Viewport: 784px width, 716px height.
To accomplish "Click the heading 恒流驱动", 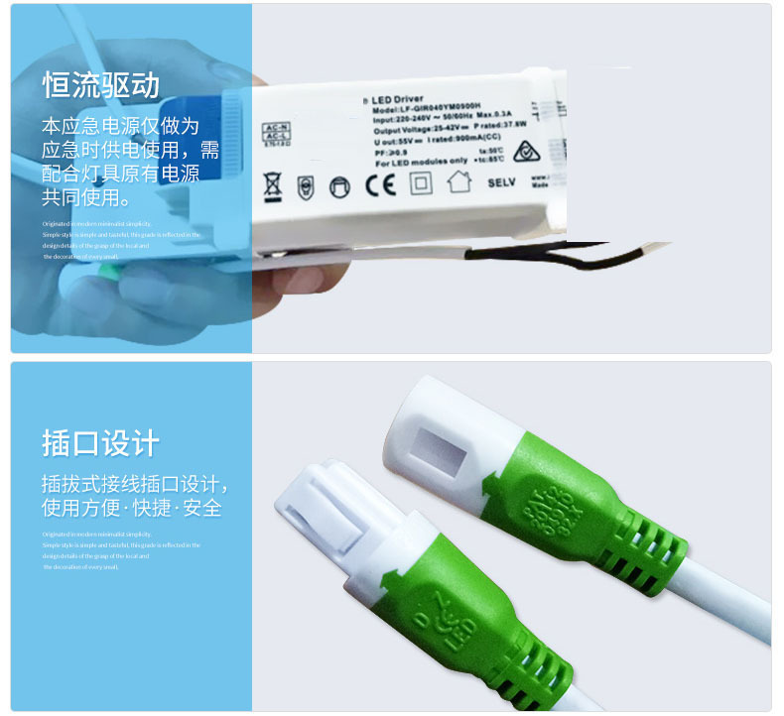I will pyautogui.click(x=100, y=85).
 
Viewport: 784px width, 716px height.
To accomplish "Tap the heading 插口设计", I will pyautogui.click(x=100, y=443).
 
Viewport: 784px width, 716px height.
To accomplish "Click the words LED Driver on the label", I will pyautogui.click(x=399, y=99).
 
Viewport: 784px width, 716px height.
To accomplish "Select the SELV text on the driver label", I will pyautogui.click(x=503, y=183).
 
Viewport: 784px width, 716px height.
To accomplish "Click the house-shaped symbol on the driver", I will pyautogui.click(x=458, y=181).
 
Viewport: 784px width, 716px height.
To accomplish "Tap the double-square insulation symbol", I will pyautogui.click(x=421, y=182).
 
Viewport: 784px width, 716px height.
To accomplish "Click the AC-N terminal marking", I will pyautogui.click(x=276, y=128).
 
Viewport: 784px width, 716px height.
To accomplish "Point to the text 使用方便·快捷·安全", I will pyautogui.click(x=131, y=509).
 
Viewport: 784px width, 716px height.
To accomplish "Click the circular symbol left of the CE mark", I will pyautogui.click(x=340, y=184).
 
